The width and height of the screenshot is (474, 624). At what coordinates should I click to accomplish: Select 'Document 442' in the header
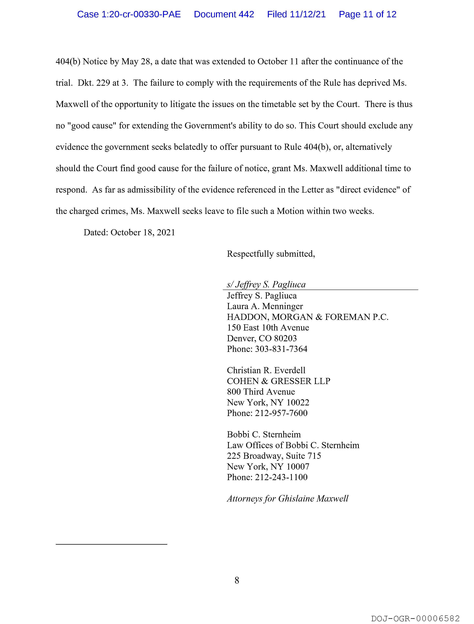[224, 14]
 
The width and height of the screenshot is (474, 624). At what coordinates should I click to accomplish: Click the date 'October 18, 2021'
[143, 233]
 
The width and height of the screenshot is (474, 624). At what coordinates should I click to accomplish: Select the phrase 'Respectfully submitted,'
[271, 254]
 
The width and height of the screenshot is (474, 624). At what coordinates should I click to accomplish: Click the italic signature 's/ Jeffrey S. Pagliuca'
[266, 284]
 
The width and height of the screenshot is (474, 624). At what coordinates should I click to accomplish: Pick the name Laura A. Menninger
[265, 306]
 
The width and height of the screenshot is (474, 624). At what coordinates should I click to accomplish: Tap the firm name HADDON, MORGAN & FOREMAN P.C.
[307, 317]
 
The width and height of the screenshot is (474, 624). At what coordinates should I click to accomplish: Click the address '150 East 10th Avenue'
[268, 328]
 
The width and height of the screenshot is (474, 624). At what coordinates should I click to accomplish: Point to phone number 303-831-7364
[281, 349]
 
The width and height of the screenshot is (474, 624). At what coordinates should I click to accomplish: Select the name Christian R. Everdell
[266, 370]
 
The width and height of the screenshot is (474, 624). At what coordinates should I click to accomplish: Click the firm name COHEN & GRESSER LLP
[278, 381]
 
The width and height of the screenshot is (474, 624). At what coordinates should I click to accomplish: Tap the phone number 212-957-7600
[281, 413]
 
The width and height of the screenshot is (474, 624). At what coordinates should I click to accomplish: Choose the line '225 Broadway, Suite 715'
[274, 456]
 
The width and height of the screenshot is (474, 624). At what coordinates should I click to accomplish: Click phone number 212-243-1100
[281, 477]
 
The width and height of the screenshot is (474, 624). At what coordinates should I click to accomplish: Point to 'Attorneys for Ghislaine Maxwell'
[288, 499]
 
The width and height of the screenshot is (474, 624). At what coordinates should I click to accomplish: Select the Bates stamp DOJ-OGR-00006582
[415, 619]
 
